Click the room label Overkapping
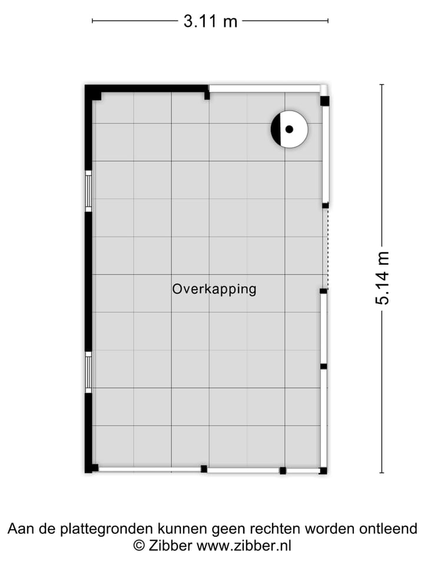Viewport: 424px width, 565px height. (214, 289)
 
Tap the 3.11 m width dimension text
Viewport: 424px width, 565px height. (210, 22)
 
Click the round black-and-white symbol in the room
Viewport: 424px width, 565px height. (289, 129)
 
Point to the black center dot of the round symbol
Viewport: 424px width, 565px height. (289, 129)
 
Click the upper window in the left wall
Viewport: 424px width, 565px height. (88, 191)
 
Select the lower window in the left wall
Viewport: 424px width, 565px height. (88, 372)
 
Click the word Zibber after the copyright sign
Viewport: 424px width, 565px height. (171, 546)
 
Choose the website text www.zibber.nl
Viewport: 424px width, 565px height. (244, 546)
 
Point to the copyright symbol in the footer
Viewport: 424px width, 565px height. (139, 546)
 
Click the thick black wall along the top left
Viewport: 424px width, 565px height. (147, 88)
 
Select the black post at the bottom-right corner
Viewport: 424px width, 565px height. (323, 470)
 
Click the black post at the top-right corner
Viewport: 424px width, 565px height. (324, 101)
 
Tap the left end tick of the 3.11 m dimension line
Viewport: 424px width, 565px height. (92, 22)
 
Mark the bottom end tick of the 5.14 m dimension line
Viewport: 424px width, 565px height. (382, 472)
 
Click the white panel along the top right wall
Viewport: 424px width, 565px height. (265, 88)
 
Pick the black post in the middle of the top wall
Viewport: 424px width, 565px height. (207, 95)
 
